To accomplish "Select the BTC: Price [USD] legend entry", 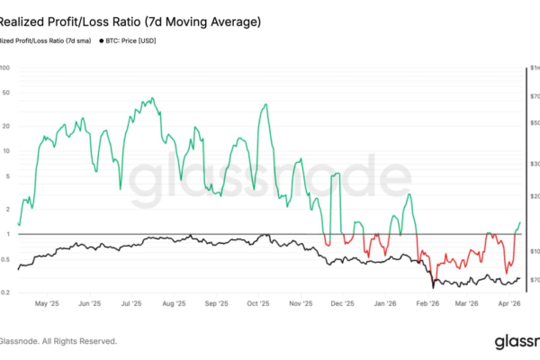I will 145,41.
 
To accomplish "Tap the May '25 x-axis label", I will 47,304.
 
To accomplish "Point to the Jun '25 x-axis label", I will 90,304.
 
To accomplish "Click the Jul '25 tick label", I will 132,304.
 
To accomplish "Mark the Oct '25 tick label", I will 259,304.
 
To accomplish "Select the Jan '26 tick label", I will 385,304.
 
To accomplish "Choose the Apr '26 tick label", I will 510,304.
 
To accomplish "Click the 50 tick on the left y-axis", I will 5,94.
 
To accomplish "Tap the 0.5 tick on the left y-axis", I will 5,260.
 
